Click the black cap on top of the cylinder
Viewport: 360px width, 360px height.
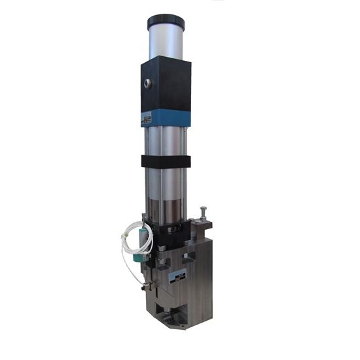166,23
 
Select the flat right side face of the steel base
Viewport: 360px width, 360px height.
207,275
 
